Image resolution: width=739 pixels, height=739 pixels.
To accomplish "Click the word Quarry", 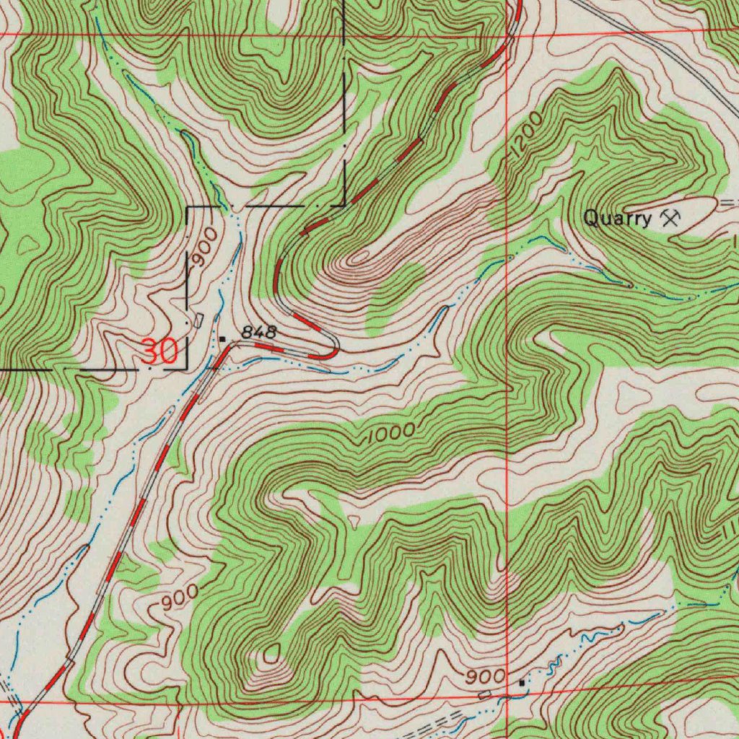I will coord(616,219).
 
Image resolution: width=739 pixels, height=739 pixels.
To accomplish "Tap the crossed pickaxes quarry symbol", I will coord(670,217).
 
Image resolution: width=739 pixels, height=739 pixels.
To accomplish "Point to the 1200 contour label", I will coord(528,133).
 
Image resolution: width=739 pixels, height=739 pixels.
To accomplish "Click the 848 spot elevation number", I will coord(258,332).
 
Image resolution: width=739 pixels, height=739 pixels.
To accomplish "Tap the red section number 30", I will coord(159,352).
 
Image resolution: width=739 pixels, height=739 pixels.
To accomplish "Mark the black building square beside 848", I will coord(222,338).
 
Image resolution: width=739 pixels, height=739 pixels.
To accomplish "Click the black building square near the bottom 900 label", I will coord(522,682).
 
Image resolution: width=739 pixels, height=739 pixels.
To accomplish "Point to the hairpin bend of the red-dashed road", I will coord(333,349).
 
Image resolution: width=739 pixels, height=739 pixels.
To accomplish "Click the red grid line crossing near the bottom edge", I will coord(507,696).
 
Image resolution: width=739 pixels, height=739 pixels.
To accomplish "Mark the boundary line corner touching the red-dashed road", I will coord(345,205).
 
